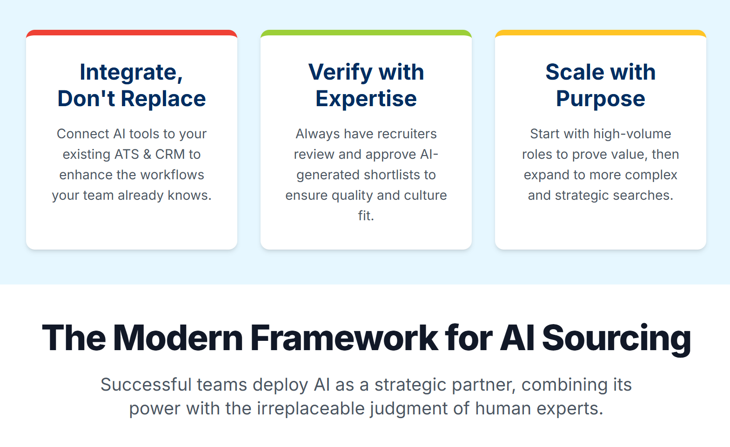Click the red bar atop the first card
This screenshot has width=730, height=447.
(131, 33)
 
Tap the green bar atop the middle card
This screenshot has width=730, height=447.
(366, 33)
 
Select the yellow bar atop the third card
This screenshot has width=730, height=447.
(600, 33)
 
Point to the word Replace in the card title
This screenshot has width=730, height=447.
(163, 98)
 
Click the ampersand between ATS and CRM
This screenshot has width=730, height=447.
(147, 154)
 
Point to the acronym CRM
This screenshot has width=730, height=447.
(170, 154)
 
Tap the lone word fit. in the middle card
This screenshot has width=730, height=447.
(366, 216)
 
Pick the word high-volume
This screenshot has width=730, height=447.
(632, 134)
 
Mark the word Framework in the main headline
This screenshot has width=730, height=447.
(344, 338)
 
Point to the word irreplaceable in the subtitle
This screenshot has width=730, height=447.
(311, 408)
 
